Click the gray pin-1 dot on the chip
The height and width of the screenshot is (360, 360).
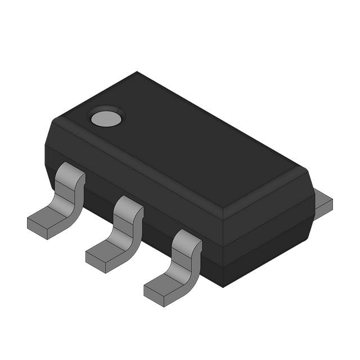106,118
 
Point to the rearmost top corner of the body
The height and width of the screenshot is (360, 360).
137,73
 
